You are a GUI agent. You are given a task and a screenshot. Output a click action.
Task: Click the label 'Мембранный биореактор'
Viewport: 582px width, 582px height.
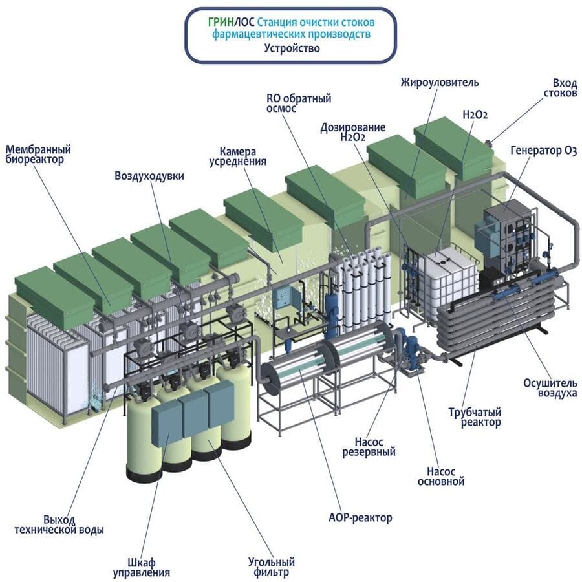pos(38,155)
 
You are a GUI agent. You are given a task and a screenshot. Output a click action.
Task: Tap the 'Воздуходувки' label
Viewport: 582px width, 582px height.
pos(149,175)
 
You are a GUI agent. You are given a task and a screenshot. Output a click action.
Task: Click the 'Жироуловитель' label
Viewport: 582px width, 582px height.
pos(439,82)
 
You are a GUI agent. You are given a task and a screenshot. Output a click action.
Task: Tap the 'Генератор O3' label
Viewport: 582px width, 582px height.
pos(543,151)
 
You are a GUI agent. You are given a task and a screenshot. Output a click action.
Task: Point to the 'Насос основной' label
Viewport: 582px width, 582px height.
pos(441,476)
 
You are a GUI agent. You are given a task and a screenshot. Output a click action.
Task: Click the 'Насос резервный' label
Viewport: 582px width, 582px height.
pos(369,447)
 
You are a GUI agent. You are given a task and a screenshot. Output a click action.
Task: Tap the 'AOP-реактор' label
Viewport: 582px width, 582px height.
pos(360,517)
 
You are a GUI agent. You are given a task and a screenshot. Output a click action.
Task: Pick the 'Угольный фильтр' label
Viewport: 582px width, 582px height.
pos(272,566)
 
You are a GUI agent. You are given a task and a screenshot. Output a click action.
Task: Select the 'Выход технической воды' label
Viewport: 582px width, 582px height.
pos(59,524)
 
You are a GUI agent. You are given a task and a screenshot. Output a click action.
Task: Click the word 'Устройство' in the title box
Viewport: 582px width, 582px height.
pos(292,48)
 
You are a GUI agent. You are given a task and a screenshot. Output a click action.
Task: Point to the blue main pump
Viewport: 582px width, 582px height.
pos(411,352)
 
